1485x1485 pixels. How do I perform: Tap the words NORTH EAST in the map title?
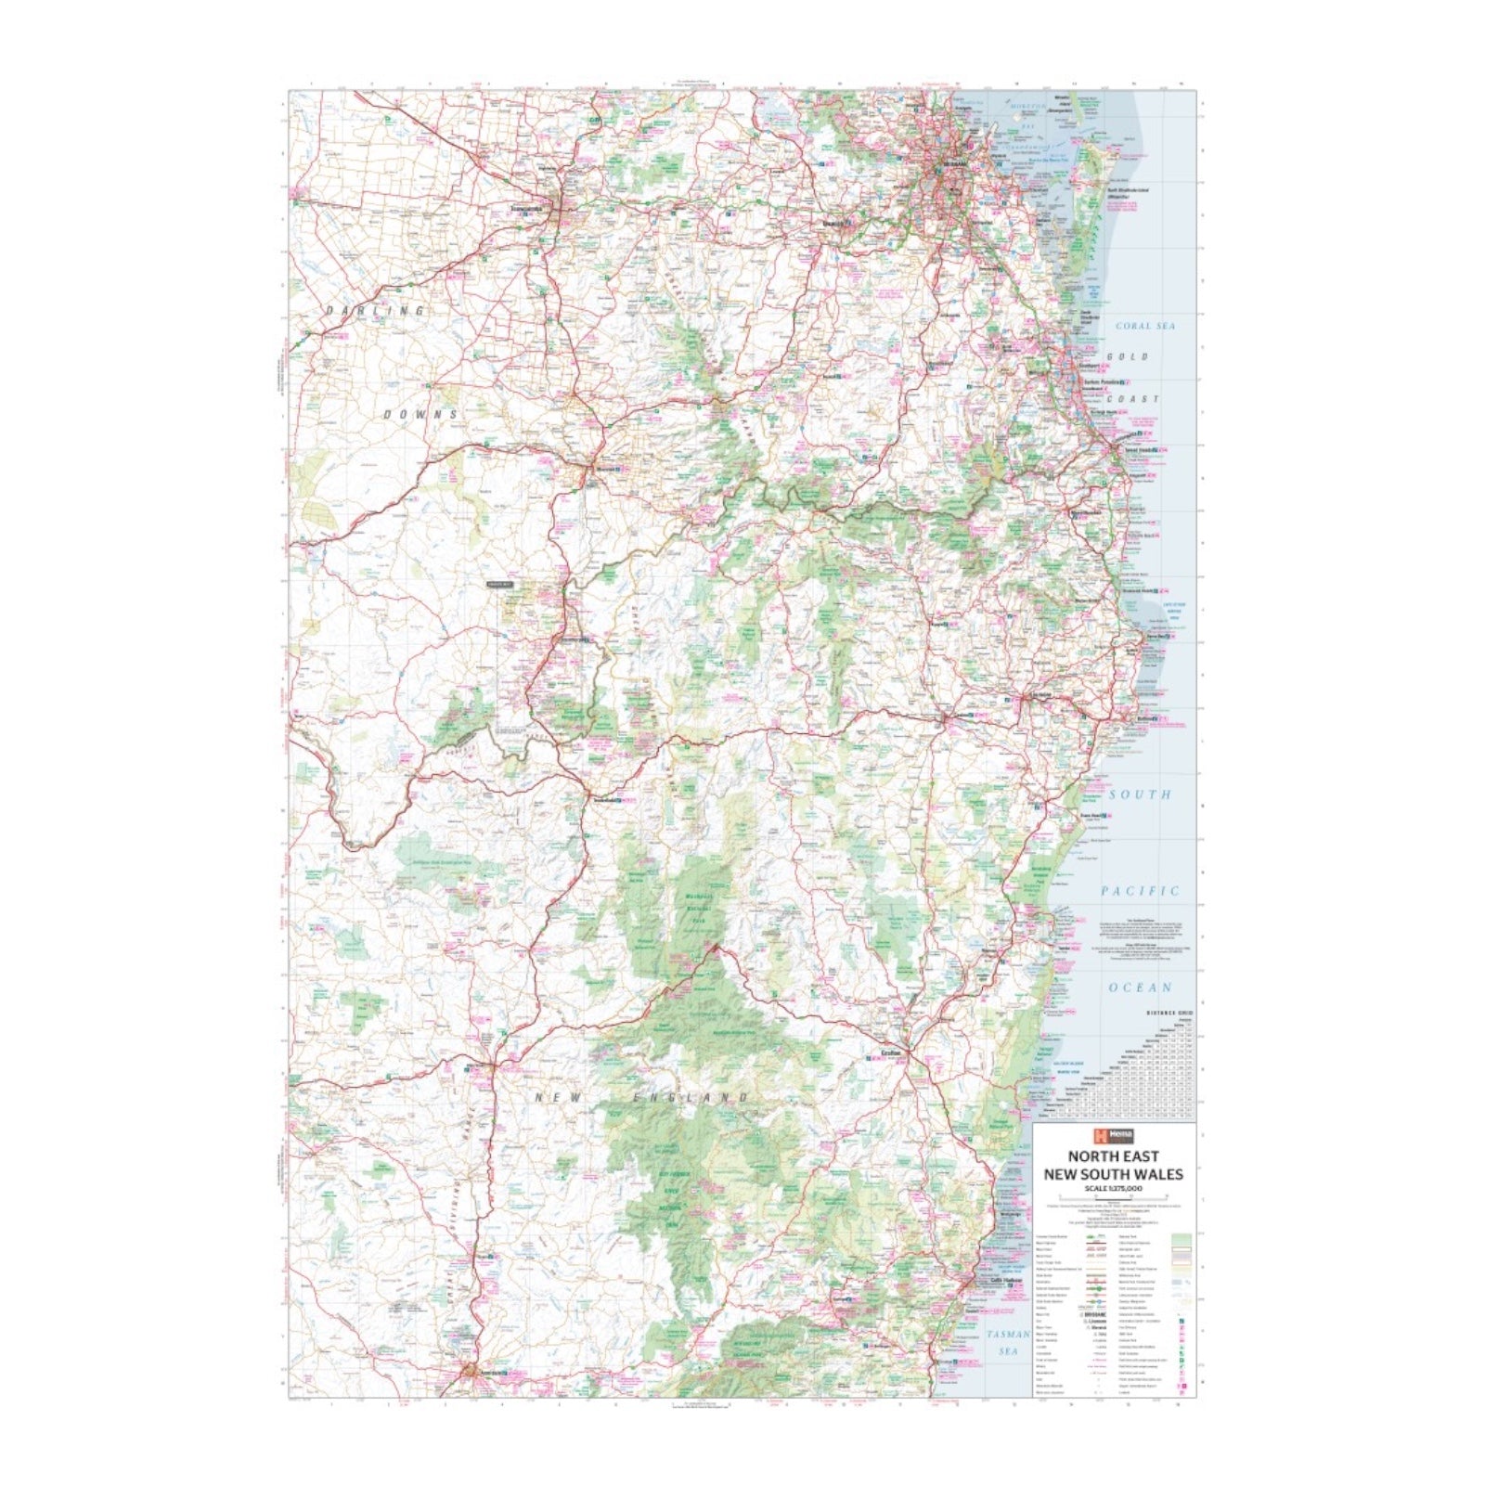[x=1113, y=1156]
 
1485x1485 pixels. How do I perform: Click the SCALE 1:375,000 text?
[x=1113, y=1189]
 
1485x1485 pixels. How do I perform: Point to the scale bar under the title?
[x=1113, y=1198]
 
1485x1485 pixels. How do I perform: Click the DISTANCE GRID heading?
[x=1169, y=1013]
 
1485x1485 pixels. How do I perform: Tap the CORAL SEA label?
[x=1144, y=326]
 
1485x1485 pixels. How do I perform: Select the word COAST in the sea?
[x=1138, y=399]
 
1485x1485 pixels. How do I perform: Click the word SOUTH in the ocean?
[x=1140, y=794]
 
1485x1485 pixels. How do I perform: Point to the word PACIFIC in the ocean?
[x=1140, y=891]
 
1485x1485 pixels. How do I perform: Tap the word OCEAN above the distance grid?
[x=1140, y=988]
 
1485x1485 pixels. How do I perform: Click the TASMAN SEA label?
[x=1008, y=1342]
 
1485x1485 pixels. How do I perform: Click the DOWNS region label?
[x=421, y=414]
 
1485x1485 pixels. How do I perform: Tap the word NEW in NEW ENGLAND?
[x=559, y=1098]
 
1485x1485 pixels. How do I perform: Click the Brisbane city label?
[x=954, y=163]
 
